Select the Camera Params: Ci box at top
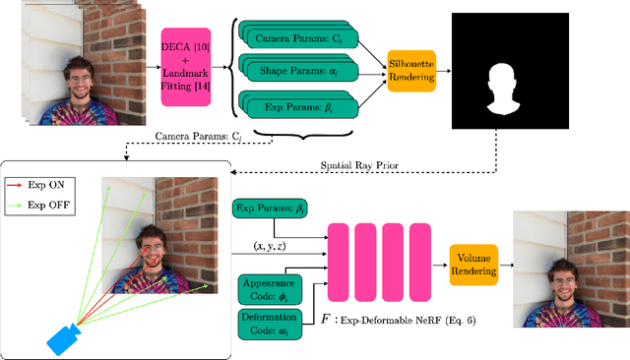pos(301,38)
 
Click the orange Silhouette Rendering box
pos(410,70)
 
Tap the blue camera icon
pos(63,338)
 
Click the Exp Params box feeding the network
pos(269,209)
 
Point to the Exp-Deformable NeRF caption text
pos(413,320)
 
